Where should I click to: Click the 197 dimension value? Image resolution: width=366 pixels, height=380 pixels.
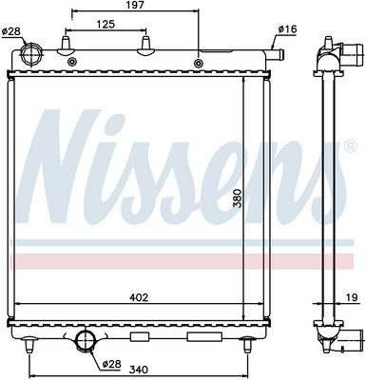point(134,5)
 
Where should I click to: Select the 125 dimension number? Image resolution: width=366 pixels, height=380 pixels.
point(106,24)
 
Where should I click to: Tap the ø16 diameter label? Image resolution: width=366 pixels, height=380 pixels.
point(287,29)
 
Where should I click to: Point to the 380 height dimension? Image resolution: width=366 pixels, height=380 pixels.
point(238,199)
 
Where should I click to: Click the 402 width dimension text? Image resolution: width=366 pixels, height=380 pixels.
point(139,297)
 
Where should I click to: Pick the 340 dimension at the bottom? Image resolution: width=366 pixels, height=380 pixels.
point(139,370)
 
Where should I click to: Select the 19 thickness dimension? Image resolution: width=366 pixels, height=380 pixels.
point(352,297)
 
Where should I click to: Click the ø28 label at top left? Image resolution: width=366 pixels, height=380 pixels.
point(11,31)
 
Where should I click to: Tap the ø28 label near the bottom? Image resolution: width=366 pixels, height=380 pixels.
point(111,364)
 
